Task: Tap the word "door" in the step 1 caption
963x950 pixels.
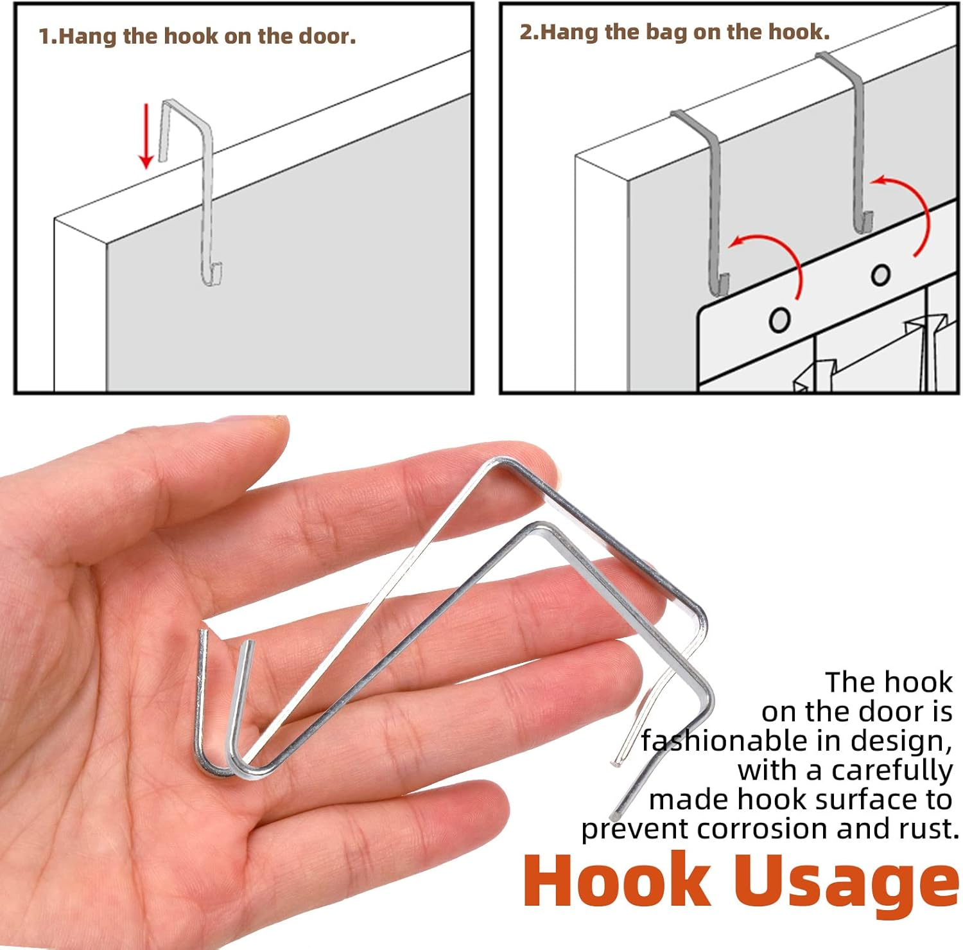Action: click(327, 36)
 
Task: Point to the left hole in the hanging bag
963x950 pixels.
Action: click(779, 319)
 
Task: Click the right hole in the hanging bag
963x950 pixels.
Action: click(881, 275)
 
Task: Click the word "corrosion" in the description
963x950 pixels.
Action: click(767, 829)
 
